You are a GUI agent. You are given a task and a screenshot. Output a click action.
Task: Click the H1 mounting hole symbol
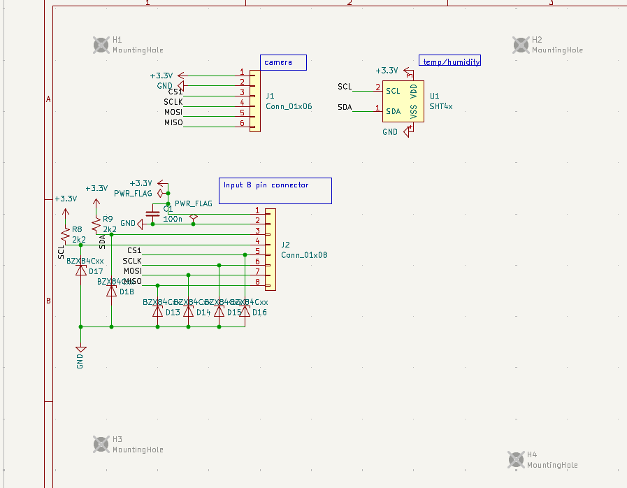click(x=101, y=45)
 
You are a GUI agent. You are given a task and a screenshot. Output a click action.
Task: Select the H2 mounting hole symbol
click(x=521, y=45)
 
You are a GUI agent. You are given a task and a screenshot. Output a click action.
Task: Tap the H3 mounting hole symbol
click(x=101, y=444)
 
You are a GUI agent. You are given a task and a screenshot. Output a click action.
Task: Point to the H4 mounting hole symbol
click(x=516, y=459)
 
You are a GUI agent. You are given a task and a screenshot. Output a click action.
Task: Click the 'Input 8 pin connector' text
click(x=266, y=185)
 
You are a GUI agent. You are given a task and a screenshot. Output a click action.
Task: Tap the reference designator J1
click(x=271, y=96)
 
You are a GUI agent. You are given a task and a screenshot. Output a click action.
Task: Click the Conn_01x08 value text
click(x=304, y=255)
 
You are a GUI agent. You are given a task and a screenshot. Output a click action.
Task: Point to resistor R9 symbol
click(x=96, y=224)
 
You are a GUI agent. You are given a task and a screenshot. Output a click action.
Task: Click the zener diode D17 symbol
click(x=80, y=270)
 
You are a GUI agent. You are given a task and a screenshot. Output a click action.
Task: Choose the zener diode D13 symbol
click(x=157, y=312)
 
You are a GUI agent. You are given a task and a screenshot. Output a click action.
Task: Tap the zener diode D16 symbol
click(x=245, y=312)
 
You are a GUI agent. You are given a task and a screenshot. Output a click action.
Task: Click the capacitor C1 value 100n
click(x=173, y=219)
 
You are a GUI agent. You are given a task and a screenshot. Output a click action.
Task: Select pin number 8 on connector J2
click(x=257, y=282)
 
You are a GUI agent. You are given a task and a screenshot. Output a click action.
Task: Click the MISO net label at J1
click(x=173, y=123)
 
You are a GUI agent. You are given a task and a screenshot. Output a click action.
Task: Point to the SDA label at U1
click(x=345, y=108)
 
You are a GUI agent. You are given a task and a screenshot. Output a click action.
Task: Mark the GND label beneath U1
click(x=390, y=131)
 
